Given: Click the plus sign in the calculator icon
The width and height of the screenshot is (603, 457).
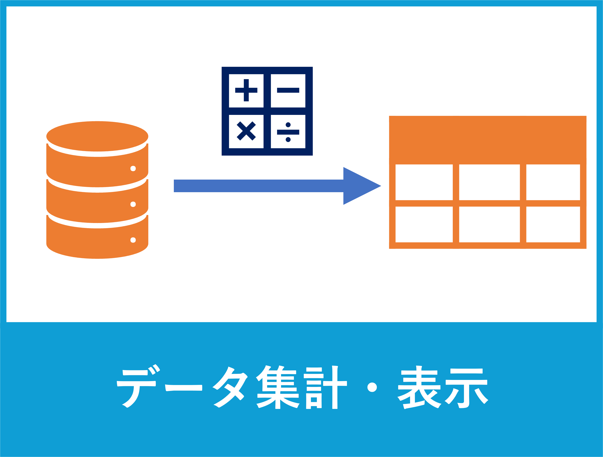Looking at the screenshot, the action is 246,90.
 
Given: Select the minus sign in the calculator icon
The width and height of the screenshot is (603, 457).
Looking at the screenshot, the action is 288,90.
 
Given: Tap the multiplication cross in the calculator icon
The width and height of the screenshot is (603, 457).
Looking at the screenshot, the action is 246,131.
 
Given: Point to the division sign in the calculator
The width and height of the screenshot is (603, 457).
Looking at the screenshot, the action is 288,132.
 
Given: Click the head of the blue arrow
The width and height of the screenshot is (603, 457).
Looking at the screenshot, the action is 362,186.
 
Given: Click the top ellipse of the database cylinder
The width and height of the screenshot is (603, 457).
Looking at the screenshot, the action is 97,136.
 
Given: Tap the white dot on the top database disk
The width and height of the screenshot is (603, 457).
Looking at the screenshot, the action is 133,168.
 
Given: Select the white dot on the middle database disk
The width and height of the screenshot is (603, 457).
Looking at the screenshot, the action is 133,204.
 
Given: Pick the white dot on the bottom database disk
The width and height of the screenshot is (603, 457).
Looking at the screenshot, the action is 133,240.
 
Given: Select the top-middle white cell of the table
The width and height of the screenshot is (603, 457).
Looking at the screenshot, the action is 489,182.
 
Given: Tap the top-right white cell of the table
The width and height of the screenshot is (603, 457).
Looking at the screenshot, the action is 553,182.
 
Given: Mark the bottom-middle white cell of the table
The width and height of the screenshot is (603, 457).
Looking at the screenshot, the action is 489,225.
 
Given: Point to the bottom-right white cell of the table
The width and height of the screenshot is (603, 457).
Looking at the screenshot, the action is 553,225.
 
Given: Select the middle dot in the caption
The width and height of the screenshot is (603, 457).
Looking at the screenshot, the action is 372,387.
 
